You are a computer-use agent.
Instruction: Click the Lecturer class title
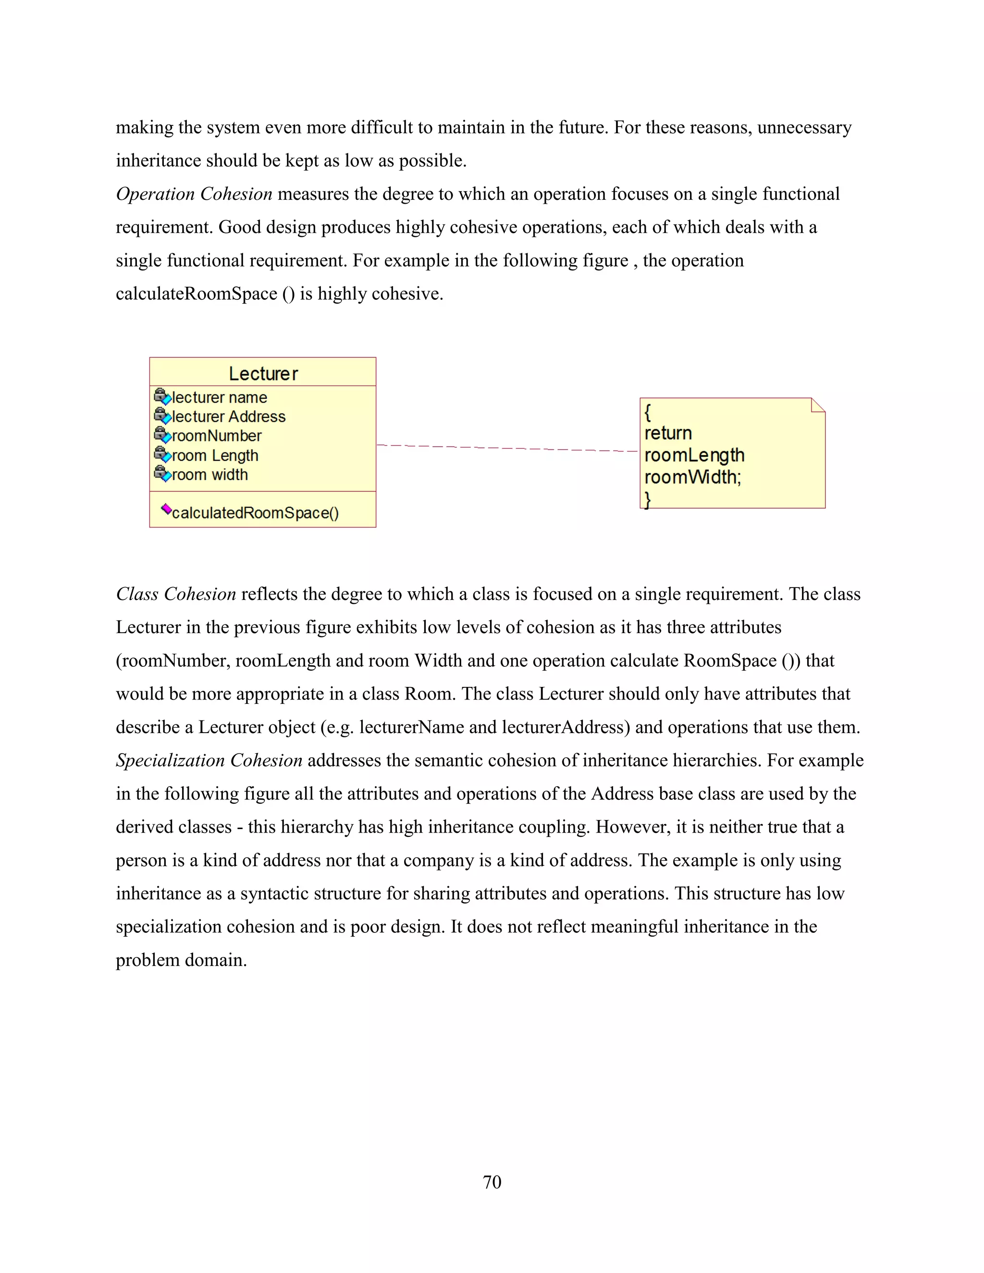(x=263, y=374)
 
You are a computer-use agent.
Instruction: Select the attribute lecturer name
(x=219, y=398)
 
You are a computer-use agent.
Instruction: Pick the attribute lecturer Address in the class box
(x=229, y=417)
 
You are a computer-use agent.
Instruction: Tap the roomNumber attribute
(x=216, y=436)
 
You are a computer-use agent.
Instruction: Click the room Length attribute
(x=214, y=456)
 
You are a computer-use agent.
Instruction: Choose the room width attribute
(x=209, y=475)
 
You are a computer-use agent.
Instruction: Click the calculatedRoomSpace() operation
(x=255, y=513)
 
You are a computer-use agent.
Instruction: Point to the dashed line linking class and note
(x=507, y=448)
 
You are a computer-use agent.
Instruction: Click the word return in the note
(x=668, y=433)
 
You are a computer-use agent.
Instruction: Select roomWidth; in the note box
(x=692, y=477)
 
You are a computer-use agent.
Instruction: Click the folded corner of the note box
(x=818, y=404)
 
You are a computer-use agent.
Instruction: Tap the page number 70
(x=492, y=1182)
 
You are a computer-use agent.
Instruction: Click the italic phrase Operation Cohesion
(x=194, y=194)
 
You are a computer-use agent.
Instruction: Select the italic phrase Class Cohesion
(x=176, y=594)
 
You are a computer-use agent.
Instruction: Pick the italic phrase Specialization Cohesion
(x=209, y=760)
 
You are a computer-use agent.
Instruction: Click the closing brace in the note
(x=647, y=500)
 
